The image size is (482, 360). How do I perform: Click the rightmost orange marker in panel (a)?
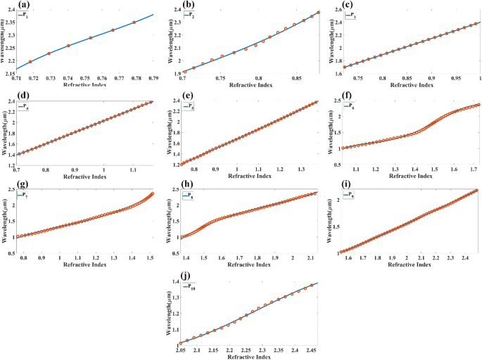point(134,22)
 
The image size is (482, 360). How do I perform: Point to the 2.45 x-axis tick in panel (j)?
point(312,349)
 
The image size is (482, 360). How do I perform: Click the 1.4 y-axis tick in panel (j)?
point(170,281)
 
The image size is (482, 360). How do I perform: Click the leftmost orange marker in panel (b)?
point(184,71)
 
